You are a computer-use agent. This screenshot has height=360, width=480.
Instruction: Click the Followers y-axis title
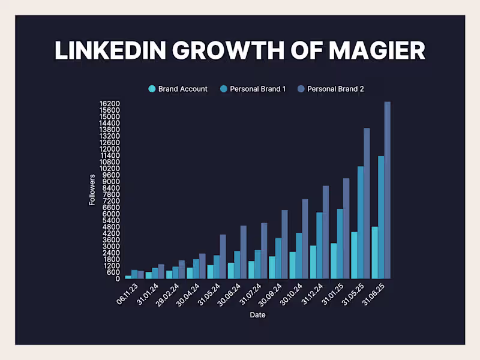92,190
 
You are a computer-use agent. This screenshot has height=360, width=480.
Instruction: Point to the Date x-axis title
257,315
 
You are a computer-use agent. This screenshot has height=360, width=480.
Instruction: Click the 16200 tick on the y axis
110,104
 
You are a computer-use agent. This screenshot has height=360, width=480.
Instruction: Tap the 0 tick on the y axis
118,278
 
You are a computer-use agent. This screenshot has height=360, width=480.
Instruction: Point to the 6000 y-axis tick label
112,214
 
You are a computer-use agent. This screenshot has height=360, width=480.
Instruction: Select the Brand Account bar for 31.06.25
375,253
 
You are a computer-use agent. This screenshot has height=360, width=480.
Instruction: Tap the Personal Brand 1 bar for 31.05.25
361,223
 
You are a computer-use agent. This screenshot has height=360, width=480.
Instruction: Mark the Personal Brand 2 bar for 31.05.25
367,203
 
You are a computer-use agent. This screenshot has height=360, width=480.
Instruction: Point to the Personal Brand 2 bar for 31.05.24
223,256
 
